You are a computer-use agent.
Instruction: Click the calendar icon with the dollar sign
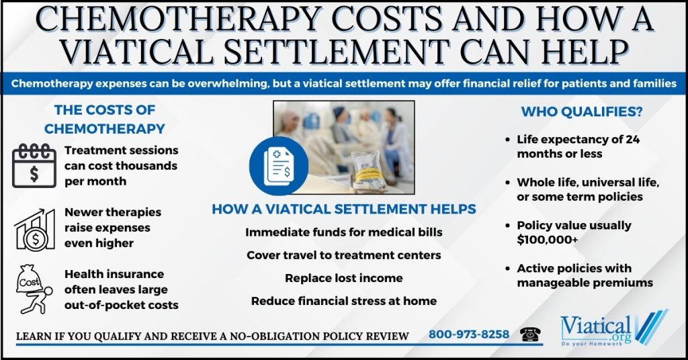point(34,166)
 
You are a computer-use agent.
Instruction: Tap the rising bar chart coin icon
point(35,230)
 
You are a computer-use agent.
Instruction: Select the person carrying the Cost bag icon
point(34,289)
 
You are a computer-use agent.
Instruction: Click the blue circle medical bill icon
point(279,166)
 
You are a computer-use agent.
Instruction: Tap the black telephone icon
point(530,334)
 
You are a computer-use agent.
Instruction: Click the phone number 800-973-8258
point(468,334)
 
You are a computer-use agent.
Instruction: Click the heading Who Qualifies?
point(581,111)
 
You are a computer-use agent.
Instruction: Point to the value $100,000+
point(547,240)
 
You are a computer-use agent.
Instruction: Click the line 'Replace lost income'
point(343,278)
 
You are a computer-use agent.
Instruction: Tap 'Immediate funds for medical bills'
point(343,232)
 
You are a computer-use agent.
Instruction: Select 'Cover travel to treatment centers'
point(343,255)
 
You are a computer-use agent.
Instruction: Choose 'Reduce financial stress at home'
point(343,301)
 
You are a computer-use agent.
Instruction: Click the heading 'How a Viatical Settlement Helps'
point(343,209)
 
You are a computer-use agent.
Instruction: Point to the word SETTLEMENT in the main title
point(337,51)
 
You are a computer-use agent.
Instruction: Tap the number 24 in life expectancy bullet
point(633,140)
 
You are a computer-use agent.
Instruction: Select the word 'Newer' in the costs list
point(81,212)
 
